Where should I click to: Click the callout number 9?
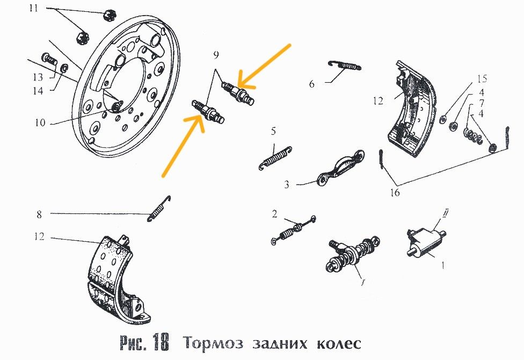click(x=216, y=54)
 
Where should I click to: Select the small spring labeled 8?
click(x=159, y=208)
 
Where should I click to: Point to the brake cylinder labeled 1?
click(x=427, y=241)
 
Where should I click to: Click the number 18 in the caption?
click(x=166, y=342)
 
